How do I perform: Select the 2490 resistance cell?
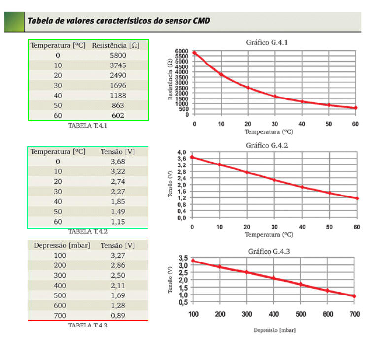[x=118, y=75]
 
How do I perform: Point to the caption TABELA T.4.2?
[x=88, y=231]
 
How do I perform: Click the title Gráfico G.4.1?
[x=267, y=42]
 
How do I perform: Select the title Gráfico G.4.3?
[x=269, y=251]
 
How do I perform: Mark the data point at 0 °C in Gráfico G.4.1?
[x=195, y=53]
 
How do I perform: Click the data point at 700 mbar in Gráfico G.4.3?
[x=354, y=296]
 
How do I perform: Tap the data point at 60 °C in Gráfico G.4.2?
[x=357, y=198]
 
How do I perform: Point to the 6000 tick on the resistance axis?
[x=181, y=51]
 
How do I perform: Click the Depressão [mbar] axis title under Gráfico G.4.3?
[x=275, y=330]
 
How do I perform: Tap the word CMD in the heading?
[x=201, y=21]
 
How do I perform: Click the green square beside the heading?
[x=14, y=21]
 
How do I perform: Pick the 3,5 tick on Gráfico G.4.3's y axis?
[x=183, y=258]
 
